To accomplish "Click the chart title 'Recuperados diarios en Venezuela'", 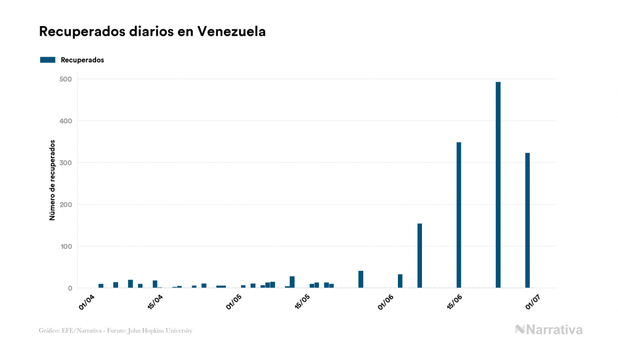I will coord(152,32).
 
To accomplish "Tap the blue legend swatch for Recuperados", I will coord(48,60).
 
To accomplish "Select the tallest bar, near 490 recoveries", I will coord(498,184).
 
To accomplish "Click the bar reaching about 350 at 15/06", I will coord(459,215).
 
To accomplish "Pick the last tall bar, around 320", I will coord(527,220).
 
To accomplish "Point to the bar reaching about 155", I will coord(420,255).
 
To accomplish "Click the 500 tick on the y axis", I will coord(66,79).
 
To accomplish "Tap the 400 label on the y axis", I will coord(66,121).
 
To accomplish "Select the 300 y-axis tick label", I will coord(66,162).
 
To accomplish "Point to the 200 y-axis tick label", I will coord(66,205).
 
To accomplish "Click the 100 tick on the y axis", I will coord(66,246).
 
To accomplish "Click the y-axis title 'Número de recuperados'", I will coord(52,181).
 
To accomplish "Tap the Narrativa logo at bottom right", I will coord(549,330).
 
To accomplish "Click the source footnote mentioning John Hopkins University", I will coord(115,331).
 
